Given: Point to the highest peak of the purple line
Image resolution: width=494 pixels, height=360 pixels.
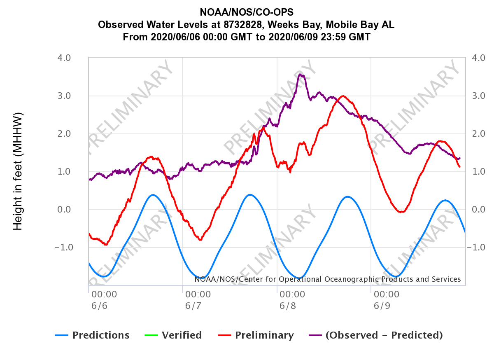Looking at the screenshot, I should point(301,75).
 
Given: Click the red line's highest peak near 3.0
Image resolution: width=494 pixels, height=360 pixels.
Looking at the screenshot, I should point(343,96).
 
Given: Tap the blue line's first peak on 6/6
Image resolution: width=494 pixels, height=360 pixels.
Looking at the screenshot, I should point(153,195).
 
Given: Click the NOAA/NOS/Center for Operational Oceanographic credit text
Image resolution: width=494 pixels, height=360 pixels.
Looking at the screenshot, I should point(327,279).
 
